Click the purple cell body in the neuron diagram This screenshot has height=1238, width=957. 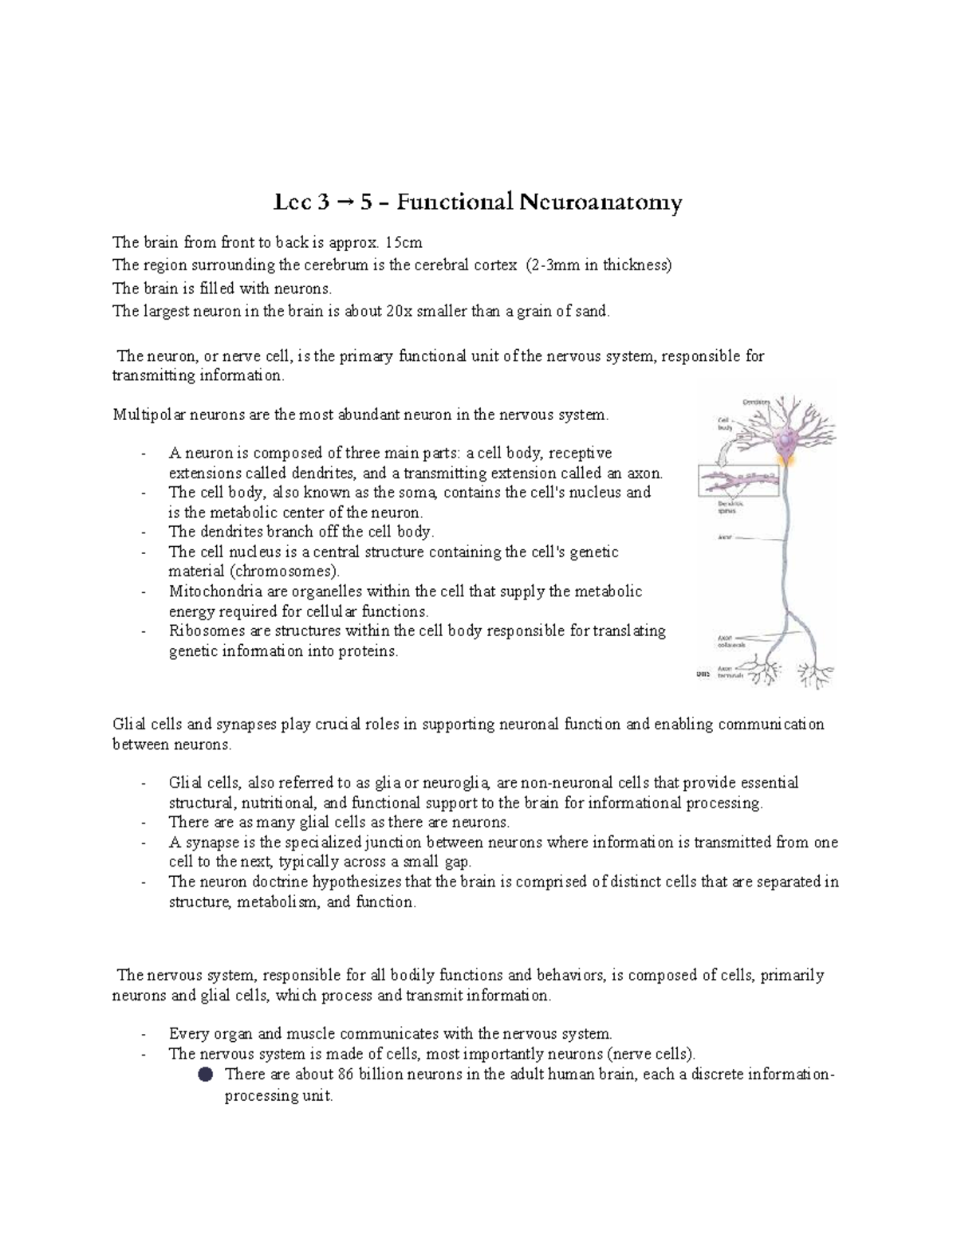[x=787, y=439]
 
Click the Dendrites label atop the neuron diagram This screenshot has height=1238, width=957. [x=757, y=402]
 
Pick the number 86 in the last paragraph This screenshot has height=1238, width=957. [x=345, y=1074]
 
